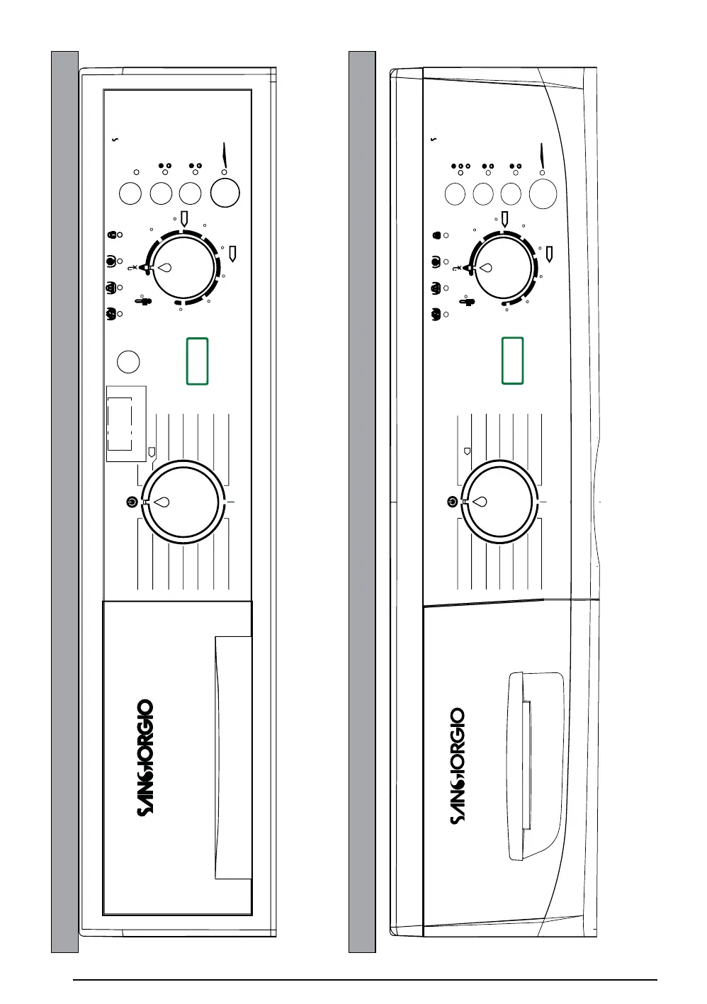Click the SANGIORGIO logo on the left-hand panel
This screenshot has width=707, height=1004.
145,757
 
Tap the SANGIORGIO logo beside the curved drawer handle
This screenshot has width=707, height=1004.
458,767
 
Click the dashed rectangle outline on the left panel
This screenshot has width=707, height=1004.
120,423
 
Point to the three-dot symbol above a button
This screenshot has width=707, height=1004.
457,166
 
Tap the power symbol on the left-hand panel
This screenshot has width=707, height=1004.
131,502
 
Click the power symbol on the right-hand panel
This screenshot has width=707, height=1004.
453,502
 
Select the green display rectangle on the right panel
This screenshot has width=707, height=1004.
513,361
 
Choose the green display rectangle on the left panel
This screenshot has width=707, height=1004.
197,361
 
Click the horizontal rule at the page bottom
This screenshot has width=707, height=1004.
365,981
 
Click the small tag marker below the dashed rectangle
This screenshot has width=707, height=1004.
152,451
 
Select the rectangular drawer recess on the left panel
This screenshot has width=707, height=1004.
233,757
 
